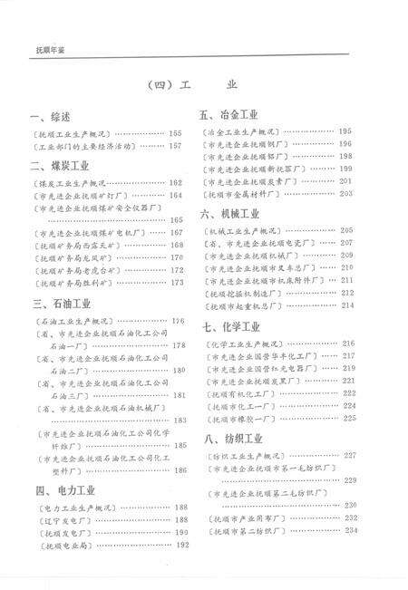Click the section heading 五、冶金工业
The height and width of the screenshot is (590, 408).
tap(229, 116)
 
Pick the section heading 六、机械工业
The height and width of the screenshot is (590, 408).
tap(229, 215)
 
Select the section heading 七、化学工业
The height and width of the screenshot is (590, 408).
tap(229, 326)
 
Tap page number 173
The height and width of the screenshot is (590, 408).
tap(177, 283)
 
